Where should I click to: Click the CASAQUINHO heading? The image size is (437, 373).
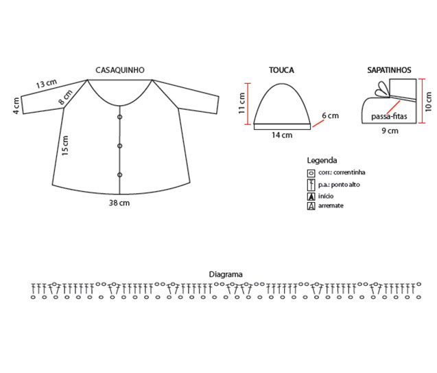click(120, 70)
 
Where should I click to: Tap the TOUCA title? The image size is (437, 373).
click(281, 70)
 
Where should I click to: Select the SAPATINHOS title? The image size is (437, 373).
click(389, 70)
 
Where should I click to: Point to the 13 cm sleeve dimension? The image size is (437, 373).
click(47, 83)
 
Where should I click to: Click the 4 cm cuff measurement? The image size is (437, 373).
click(16, 106)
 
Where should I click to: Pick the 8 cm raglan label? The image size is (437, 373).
click(65, 98)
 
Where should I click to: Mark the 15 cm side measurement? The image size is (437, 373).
click(65, 146)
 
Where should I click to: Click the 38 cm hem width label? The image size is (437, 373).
click(119, 203)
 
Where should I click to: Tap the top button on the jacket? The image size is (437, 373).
click(120, 117)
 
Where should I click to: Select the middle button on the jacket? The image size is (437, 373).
click(120, 146)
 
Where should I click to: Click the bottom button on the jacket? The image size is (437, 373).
click(120, 175)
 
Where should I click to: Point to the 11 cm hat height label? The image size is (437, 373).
click(241, 103)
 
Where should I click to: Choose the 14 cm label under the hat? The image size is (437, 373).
click(282, 135)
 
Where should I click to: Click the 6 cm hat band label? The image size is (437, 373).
click(330, 115)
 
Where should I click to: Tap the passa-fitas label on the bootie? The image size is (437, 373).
click(389, 116)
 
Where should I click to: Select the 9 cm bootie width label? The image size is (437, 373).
click(390, 131)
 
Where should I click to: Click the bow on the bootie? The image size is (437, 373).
click(382, 90)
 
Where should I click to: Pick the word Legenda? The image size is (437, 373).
click(322, 161)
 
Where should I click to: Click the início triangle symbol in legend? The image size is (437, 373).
click(311, 196)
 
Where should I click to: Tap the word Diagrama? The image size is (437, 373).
click(226, 274)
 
